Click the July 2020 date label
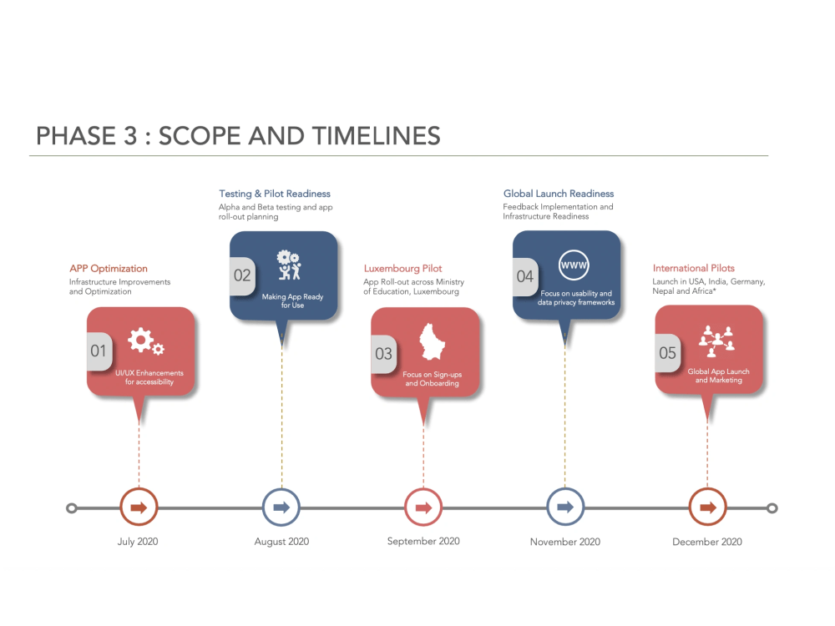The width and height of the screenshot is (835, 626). (x=138, y=542)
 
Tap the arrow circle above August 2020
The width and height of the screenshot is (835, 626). (x=281, y=507)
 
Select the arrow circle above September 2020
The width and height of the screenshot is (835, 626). (x=423, y=507)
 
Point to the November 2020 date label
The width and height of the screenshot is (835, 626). (x=565, y=543)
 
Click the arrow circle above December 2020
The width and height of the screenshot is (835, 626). (x=707, y=507)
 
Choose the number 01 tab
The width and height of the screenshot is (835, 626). (x=99, y=351)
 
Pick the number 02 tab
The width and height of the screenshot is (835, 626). (x=241, y=275)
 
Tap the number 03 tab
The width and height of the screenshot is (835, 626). (x=383, y=354)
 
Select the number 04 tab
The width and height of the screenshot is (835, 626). (x=524, y=276)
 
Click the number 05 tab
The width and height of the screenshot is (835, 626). (x=667, y=353)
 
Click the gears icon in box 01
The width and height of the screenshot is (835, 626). (x=145, y=341)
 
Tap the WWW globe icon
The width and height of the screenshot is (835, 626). (x=574, y=265)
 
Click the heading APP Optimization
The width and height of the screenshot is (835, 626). (x=109, y=269)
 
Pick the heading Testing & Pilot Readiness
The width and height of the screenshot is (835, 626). (x=275, y=194)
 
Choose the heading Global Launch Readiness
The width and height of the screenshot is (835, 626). (x=558, y=194)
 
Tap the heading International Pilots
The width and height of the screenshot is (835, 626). (x=694, y=268)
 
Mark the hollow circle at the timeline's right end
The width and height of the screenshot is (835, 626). (x=772, y=507)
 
